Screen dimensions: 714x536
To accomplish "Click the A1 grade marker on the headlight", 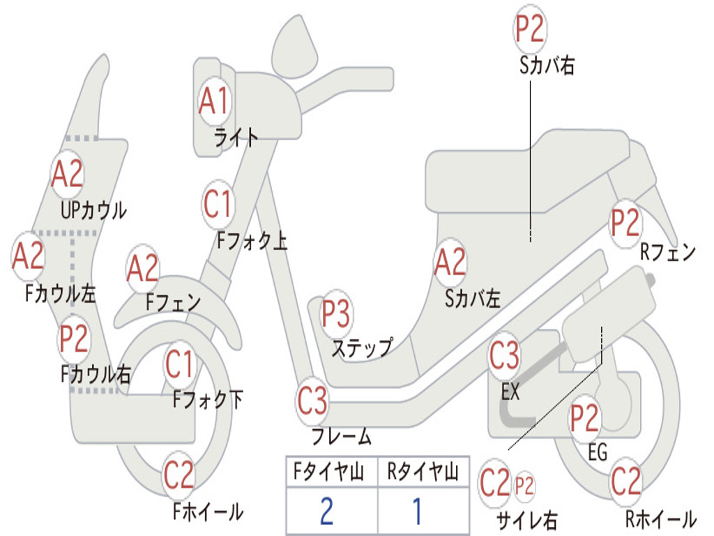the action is click(214, 100).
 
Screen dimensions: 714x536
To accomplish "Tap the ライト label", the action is click(236, 137).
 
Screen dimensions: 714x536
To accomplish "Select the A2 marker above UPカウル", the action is click(67, 174).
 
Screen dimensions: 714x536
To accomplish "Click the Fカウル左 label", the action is click(60, 294).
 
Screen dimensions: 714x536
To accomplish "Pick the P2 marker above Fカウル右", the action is click(74, 338).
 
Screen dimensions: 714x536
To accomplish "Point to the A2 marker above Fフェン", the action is click(142, 269).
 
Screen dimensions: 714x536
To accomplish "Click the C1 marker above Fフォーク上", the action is click(218, 204).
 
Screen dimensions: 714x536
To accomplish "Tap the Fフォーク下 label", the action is click(208, 400).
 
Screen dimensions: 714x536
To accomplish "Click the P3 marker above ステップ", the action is click(336, 313).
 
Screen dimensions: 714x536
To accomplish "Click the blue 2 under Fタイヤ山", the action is click(326, 511).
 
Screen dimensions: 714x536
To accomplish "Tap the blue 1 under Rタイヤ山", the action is click(417, 511).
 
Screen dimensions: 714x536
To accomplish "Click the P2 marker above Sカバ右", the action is click(530, 29).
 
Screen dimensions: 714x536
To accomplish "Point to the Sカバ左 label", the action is click(473, 299).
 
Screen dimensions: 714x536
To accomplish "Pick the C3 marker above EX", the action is click(505, 355).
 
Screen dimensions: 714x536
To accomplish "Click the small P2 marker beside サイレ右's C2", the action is click(524, 486).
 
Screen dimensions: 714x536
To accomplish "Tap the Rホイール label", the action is click(661, 519).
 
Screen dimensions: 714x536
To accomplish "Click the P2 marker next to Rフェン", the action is click(625, 223).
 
